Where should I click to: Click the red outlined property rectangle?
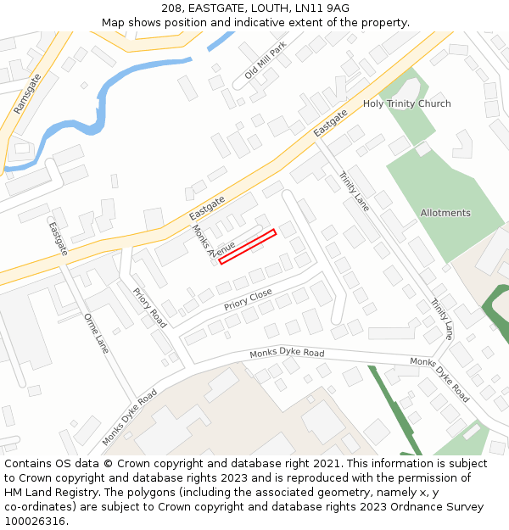click(x=248, y=247)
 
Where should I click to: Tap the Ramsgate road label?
click(x=28, y=93)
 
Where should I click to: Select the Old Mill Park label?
click(x=266, y=60)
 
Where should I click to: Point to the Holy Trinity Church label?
click(x=406, y=103)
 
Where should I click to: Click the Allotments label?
click(x=445, y=213)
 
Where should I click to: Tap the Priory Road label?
click(x=149, y=307)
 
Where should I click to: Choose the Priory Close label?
click(x=248, y=299)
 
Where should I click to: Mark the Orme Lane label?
click(x=97, y=334)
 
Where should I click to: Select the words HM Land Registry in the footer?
click(x=44, y=493)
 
